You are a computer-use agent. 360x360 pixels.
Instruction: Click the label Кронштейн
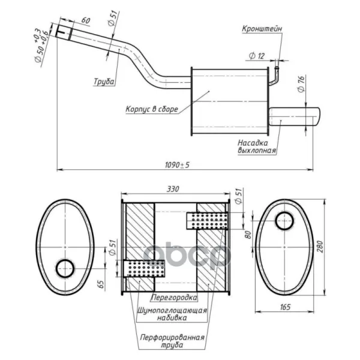[262, 29]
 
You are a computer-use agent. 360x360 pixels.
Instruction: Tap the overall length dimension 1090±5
[177, 165]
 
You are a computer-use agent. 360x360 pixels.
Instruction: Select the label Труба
[104, 82]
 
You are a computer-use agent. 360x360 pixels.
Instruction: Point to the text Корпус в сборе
[152, 109]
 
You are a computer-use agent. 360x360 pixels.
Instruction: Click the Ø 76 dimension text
[301, 84]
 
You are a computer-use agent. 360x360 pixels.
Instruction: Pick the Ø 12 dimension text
[257, 56]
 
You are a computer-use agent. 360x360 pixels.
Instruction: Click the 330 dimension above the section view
[173, 189]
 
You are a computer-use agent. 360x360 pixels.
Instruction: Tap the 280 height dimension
[320, 247]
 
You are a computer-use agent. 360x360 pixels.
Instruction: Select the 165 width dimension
[285, 307]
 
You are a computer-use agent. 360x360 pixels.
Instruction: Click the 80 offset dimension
[248, 235]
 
